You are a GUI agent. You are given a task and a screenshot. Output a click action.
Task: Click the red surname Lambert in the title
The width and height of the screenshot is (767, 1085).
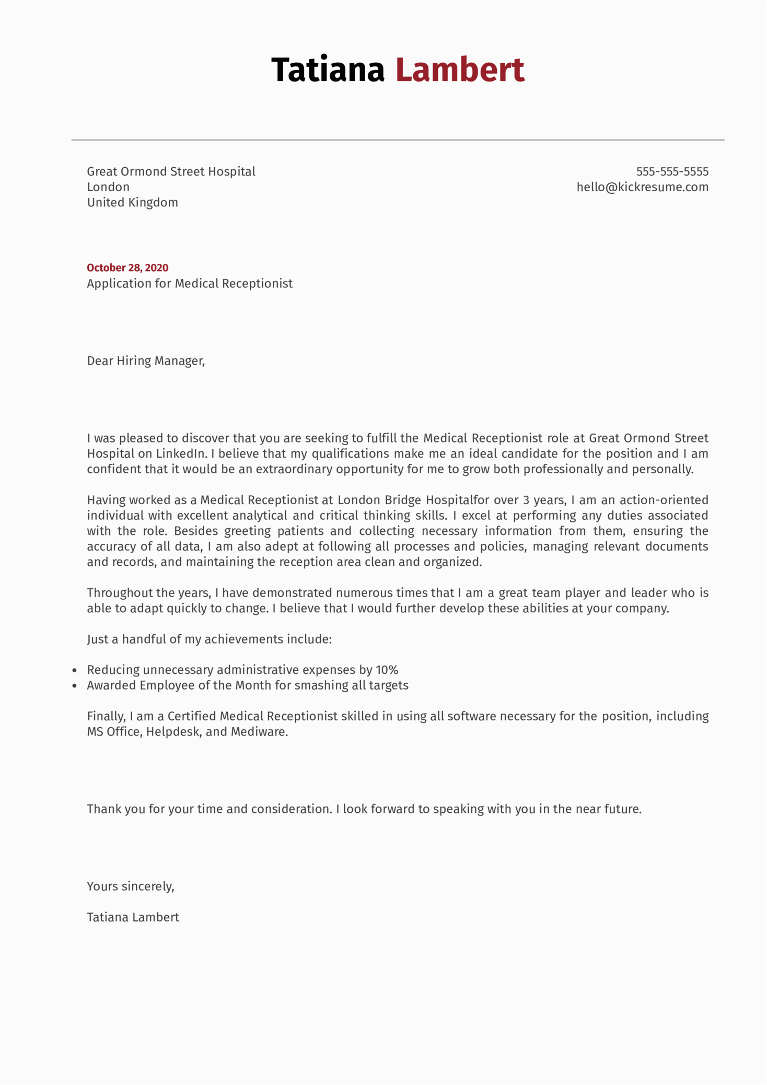460,69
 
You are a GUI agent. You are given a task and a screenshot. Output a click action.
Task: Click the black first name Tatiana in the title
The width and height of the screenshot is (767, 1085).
328,69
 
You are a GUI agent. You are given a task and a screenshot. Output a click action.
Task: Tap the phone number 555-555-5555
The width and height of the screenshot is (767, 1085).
672,171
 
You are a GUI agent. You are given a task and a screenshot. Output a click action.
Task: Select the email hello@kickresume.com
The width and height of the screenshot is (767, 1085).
642,187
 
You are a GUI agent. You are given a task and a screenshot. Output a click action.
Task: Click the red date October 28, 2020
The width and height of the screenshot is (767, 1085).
127,267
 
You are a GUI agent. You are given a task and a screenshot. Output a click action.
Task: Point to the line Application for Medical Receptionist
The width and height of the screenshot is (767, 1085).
190,283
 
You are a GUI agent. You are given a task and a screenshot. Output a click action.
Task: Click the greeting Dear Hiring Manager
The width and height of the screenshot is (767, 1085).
146,360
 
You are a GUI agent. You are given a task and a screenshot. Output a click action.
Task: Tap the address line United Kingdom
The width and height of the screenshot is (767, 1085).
132,202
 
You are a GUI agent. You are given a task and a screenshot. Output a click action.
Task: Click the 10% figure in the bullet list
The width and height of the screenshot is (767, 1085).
387,670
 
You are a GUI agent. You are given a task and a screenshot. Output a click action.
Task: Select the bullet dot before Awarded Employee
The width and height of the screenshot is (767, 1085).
75,686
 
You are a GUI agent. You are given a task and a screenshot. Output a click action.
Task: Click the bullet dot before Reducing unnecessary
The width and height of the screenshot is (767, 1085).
75,670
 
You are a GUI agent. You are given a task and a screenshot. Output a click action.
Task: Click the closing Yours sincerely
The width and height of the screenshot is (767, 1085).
130,886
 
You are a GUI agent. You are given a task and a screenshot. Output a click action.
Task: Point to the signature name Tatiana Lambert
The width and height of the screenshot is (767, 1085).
133,917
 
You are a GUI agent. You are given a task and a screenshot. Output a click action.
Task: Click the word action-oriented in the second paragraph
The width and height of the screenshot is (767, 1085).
664,500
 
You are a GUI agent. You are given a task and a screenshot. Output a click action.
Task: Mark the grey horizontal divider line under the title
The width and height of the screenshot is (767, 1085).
398,140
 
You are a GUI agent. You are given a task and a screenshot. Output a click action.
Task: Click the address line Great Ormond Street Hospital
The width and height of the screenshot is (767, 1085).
171,171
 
